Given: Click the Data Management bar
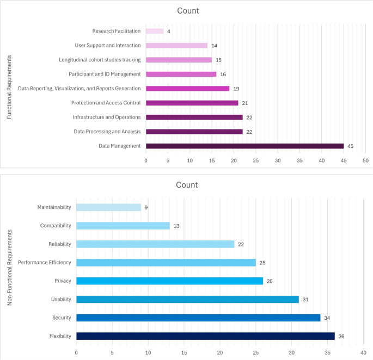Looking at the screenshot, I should pyautogui.click(x=244, y=146).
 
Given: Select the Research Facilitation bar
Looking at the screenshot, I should pyautogui.click(x=155, y=31).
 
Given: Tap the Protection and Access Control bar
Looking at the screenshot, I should pyautogui.click(x=192, y=103).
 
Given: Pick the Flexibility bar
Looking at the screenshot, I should pyautogui.click(x=205, y=336).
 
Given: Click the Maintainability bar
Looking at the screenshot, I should pyautogui.click(x=108, y=207).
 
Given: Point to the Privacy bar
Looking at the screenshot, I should pyautogui.click(x=169, y=281).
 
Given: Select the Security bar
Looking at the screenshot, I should pyautogui.click(x=198, y=318).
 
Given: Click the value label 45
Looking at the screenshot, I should pyautogui.click(x=351, y=146).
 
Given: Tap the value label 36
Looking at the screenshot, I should pyautogui.click(x=341, y=336).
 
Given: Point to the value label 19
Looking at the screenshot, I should pyautogui.click(x=236, y=88).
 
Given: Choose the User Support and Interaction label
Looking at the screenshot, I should pyautogui.click(x=107, y=45).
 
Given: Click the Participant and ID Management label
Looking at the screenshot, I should pyautogui.click(x=105, y=74).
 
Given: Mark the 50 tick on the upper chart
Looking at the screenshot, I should pyautogui.click(x=365, y=160).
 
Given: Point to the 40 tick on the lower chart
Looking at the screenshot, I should pyautogui.click(x=363, y=351).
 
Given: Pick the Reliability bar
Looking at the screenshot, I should pyautogui.click(x=155, y=244).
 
